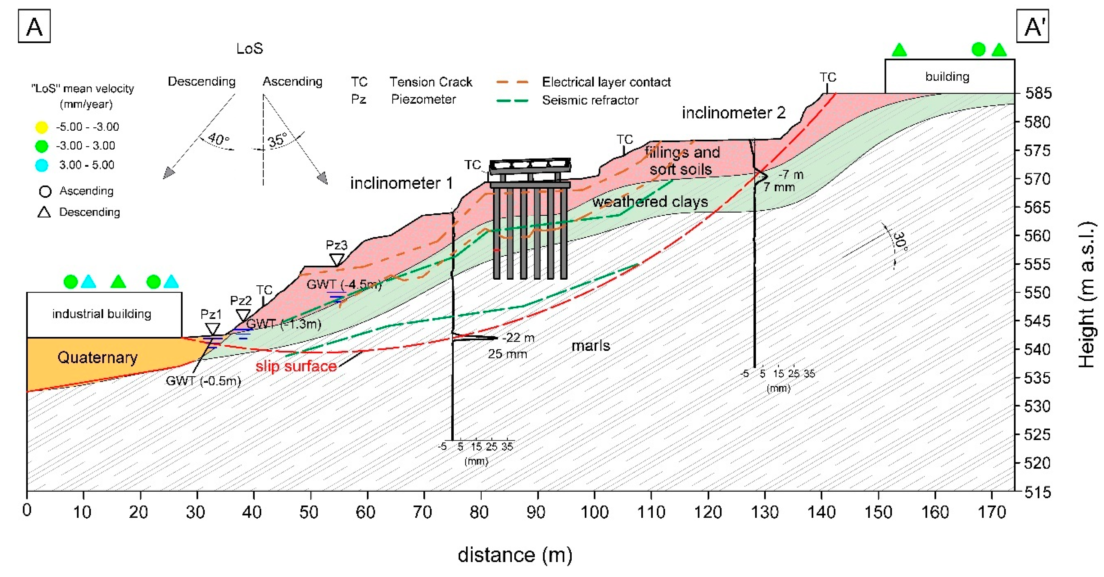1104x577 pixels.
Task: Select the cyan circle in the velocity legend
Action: pyautogui.click(x=41, y=165)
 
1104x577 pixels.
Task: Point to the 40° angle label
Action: pyautogui.click(x=219, y=139)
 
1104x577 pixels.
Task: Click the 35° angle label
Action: pyautogui.click(x=278, y=140)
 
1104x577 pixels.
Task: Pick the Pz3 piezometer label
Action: pyautogui.click(x=337, y=245)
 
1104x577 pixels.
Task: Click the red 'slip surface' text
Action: pyautogui.click(x=296, y=366)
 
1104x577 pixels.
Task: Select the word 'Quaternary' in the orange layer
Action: pyautogui.click(x=97, y=357)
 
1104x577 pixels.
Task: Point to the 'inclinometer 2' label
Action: pyautogui.click(x=734, y=113)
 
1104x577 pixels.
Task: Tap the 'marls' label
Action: pyautogui.click(x=591, y=345)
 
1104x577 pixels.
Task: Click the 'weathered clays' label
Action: pyautogui.click(x=650, y=202)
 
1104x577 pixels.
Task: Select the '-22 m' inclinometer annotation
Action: pyautogui.click(x=518, y=338)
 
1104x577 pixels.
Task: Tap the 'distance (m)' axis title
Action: pyautogui.click(x=515, y=555)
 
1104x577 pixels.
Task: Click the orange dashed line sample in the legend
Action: pyautogui.click(x=513, y=81)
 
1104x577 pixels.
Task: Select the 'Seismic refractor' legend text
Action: pyautogui.click(x=590, y=100)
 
